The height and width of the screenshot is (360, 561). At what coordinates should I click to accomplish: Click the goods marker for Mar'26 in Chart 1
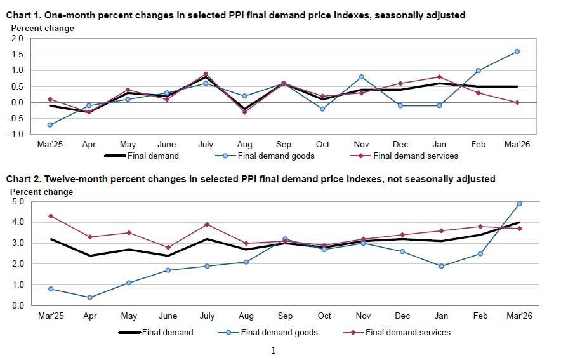coord(517,51)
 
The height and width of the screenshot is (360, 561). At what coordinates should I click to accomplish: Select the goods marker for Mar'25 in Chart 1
coord(49,124)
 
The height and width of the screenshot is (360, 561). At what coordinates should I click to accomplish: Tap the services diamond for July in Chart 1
coord(206,74)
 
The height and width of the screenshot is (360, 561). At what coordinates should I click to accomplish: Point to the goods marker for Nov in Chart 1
coord(361,77)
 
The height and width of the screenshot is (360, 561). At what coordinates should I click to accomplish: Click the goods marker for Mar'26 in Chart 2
coord(518,204)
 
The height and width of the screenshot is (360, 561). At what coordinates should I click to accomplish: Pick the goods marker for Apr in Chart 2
coord(89,297)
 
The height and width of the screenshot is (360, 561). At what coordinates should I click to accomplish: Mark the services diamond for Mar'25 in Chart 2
coord(50,216)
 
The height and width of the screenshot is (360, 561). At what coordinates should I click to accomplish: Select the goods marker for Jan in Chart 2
coord(440,266)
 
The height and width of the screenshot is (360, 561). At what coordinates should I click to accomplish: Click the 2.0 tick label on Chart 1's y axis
coord(17,39)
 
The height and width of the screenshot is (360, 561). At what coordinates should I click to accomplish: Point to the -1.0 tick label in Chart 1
coord(16,135)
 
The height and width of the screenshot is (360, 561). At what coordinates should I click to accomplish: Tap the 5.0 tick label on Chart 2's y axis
coord(18,202)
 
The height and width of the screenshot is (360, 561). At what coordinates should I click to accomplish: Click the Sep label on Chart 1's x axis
coord(284,145)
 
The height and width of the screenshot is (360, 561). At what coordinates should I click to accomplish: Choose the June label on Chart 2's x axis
coord(167,316)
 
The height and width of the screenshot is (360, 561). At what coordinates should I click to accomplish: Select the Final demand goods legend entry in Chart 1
coord(272,156)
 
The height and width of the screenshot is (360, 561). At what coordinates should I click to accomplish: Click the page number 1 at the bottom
coord(274,350)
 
